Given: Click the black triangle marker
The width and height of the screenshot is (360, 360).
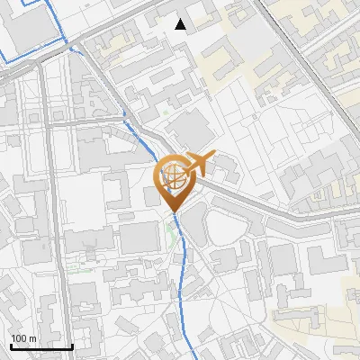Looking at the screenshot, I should (x=181, y=24).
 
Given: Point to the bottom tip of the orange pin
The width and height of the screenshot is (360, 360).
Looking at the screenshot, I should (x=171, y=211).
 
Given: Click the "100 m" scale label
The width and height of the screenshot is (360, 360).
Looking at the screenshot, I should (x=23, y=338).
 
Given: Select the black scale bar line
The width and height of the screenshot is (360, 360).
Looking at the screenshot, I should (x=41, y=346).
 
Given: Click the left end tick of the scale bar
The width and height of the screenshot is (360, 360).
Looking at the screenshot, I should (x=11, y=345).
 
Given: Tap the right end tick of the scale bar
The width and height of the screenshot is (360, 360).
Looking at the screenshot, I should (x=72, y=345).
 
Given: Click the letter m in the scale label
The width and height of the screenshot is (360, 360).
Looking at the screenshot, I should (x=33, y=338).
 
